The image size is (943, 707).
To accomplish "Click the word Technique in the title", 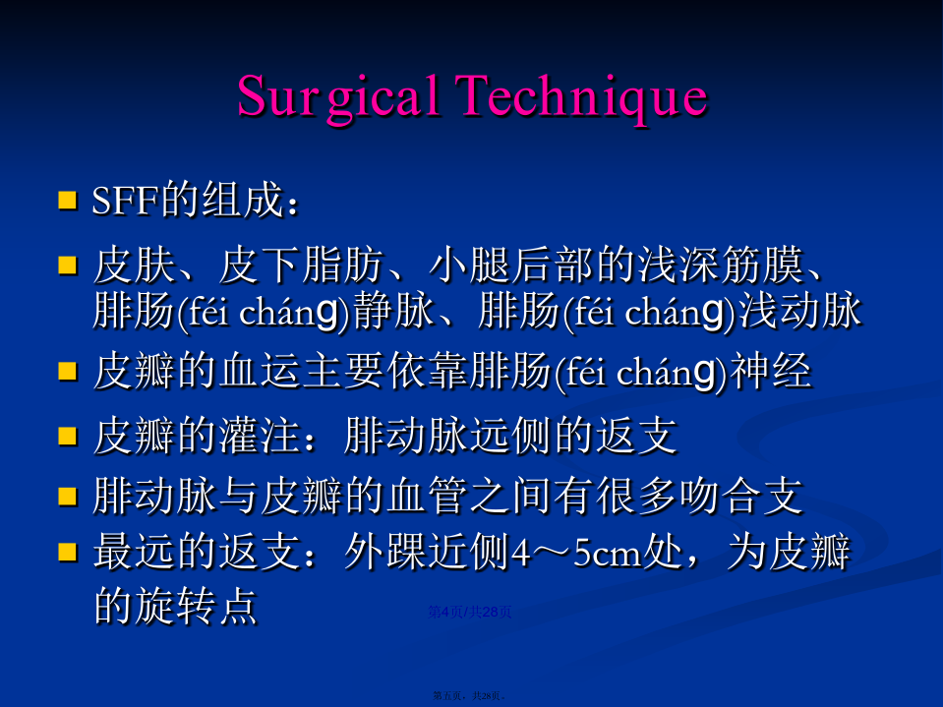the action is (580, 96).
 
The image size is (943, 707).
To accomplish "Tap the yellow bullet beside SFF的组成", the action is (67, 201).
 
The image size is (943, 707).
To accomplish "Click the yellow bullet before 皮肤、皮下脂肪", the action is (67, 265).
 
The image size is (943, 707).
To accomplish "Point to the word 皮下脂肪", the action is (301, 265).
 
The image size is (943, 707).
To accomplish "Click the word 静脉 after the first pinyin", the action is (393, 311).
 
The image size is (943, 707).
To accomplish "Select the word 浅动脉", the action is (799, 311).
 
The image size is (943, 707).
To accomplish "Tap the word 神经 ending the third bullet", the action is (770, 371).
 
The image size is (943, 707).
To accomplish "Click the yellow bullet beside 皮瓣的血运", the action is (67, 372).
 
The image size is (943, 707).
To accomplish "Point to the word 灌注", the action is (260, 436).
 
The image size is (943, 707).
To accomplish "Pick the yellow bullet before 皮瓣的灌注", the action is (67, 436).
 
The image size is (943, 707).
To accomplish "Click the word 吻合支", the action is (741, 496).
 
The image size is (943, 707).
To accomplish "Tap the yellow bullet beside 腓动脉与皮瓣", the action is (67, 497).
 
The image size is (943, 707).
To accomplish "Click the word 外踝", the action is (384, 552).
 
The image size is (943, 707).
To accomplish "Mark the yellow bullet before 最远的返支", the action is (67, 552).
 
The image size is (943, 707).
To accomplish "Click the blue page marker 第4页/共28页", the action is (470, 612).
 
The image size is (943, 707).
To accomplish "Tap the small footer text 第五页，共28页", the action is (469, 695).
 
